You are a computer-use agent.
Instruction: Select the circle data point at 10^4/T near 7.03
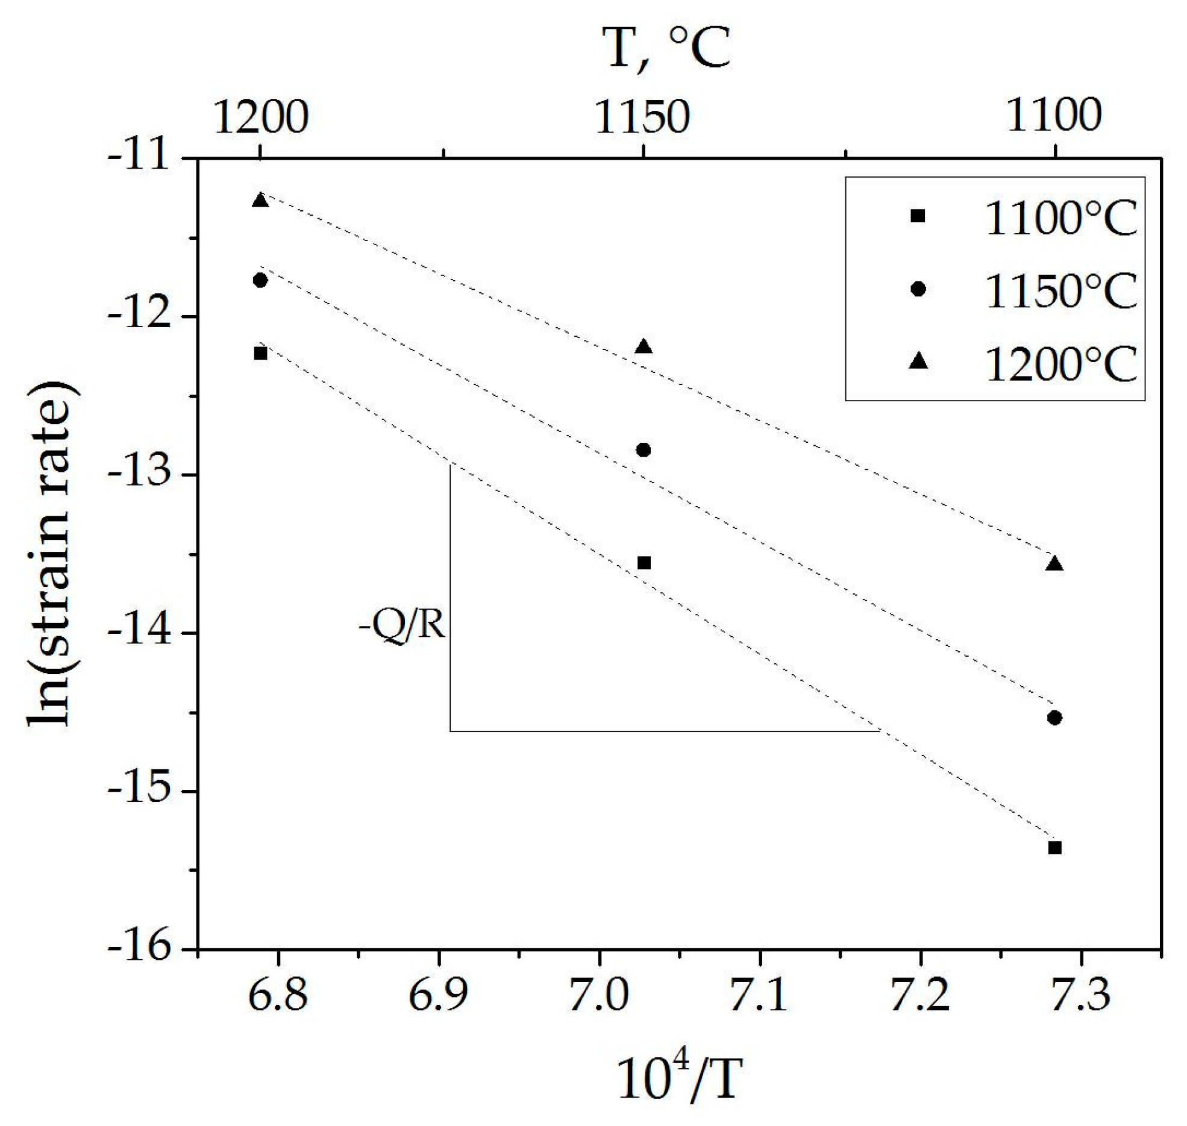tap(644, 449)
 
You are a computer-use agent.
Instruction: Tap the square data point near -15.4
tap(1054, 848)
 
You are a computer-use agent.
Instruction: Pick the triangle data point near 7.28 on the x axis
tap(1054, 564)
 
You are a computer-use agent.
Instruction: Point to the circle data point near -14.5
tap(1054, 718)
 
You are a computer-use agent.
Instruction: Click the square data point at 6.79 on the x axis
tap(260, 353)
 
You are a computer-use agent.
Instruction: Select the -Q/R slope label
tap(402, 627)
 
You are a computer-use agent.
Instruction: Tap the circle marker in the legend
tap(918, 289)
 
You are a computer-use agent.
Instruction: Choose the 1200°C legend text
tap(1060, 363)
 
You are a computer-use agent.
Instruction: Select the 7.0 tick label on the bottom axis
tap(599, 995)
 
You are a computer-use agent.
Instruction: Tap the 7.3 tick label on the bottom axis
tap(1082, 995)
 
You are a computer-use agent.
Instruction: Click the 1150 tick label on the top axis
tap(642, 117)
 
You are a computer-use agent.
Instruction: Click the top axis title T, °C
tap(666, 48)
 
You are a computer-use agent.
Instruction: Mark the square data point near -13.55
tap(644, 563)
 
